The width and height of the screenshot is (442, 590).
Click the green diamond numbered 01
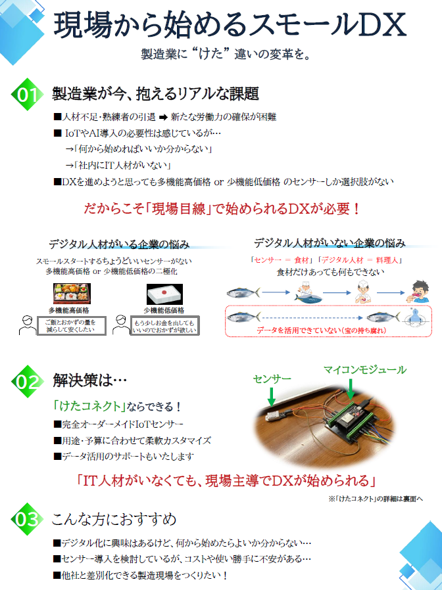click(x=27, y=94)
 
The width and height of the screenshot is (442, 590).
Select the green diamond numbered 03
click(x=27, y=519)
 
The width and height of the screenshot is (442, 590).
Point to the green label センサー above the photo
click(x=270, y=380)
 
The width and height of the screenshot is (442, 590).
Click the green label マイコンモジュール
click(x=364, y=369)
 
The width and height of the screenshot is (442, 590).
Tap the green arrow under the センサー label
click(x=270, y=396)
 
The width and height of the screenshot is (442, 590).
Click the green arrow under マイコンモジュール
click(x=351, y=389)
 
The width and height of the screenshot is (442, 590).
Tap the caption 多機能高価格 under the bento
click(x=70, y=309)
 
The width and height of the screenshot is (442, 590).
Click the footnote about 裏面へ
click(x=376, y=499)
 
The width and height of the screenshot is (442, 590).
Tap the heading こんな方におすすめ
click(x=114, y=520)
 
